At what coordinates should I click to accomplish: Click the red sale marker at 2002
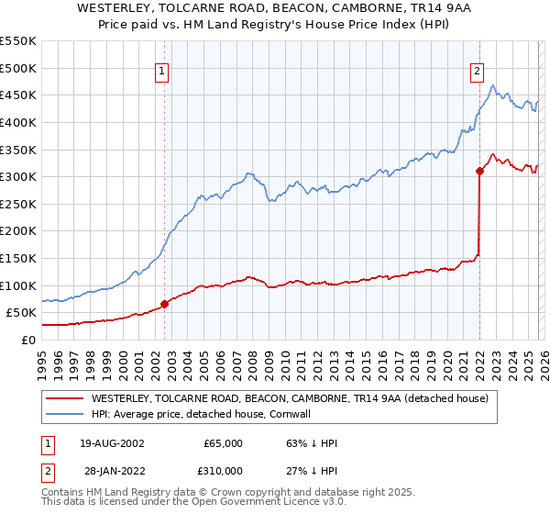click(x=165, y=304)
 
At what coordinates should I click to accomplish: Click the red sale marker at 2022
click(x=479, y=171)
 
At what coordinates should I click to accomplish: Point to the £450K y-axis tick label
click(x=18, y=95)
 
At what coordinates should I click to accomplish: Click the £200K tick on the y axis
click(x=18, y=230)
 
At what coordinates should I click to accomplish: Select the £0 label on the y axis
click(x=27, y=340)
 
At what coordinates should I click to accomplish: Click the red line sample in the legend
click(x=64, y=399)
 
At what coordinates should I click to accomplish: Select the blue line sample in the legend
click(x=64, y=415)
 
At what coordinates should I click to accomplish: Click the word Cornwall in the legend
click(x=316, y=415)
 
